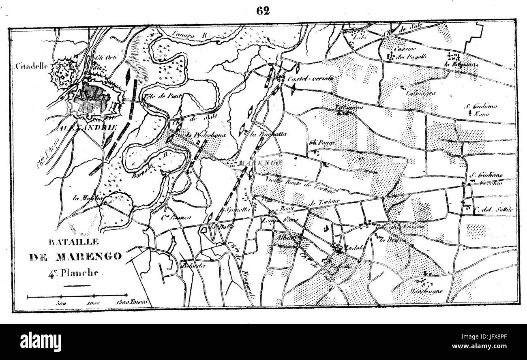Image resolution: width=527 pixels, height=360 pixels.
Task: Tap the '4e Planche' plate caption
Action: click(x=73, y=272)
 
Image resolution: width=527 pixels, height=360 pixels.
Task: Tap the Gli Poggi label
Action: click(x=318, y=142)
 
